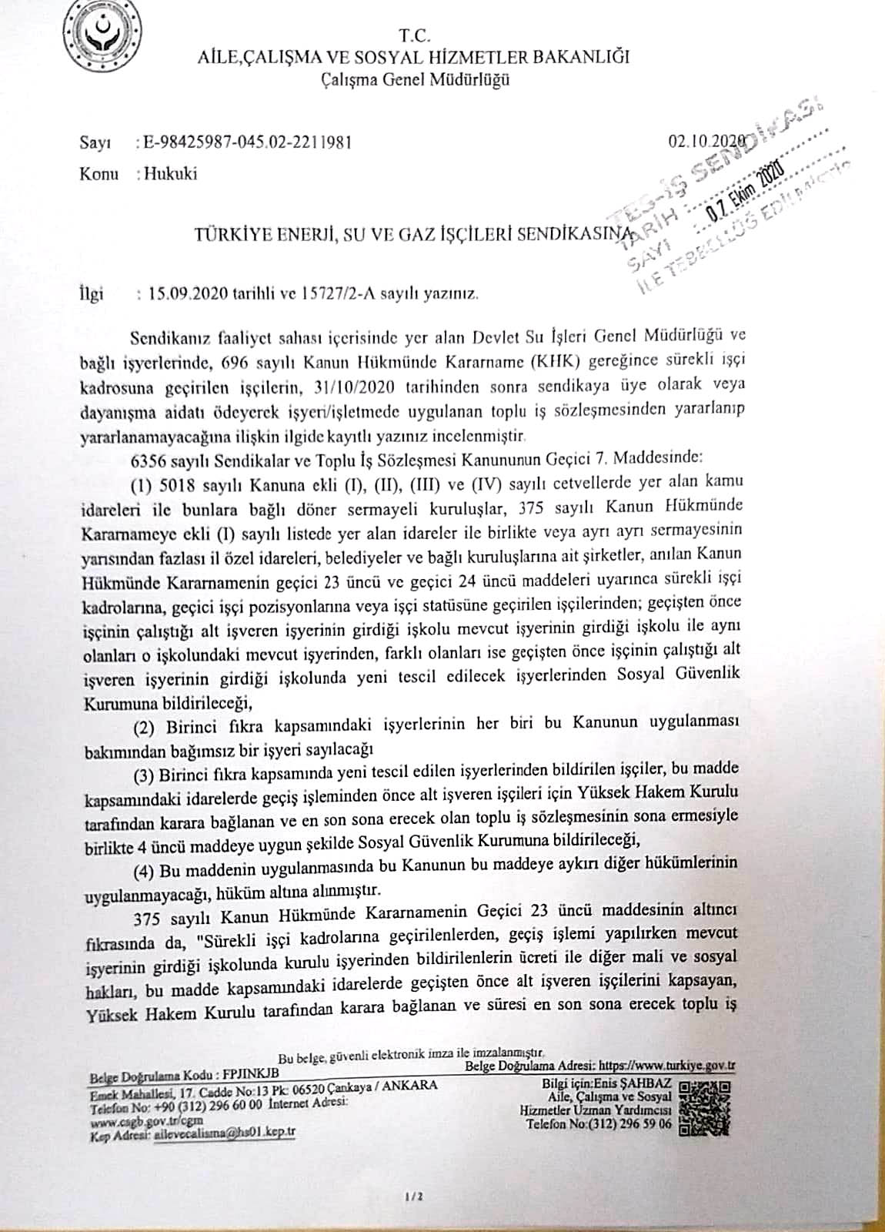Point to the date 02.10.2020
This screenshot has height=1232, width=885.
706,141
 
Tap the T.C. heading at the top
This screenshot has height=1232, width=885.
415,36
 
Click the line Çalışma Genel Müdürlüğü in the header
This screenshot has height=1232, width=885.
415,79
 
